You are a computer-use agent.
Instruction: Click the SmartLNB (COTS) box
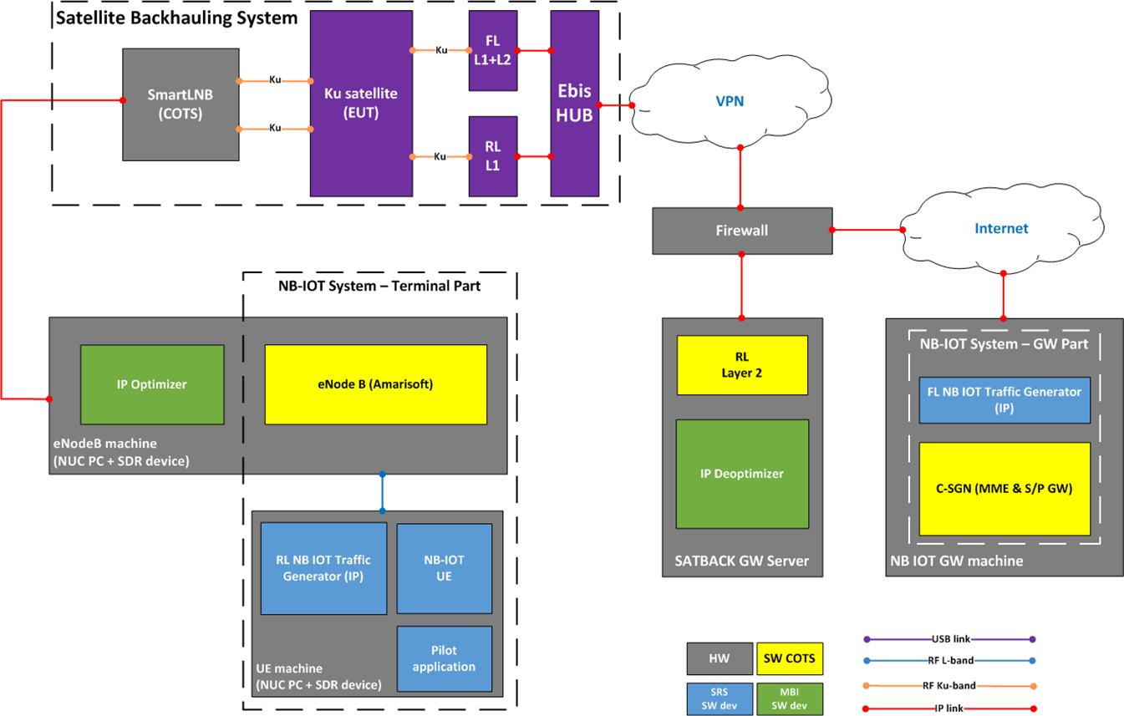click(180, 104)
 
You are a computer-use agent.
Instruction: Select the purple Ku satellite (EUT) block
click(361, 103)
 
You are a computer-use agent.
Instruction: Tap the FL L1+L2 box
click(493, 50)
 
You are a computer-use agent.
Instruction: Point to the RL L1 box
click(493, 155)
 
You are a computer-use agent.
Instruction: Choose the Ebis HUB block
click(575, 104)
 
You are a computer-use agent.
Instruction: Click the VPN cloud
click(730, 102)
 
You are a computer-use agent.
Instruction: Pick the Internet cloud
click(1001, 228)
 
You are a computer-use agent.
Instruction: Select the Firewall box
click(742, 230)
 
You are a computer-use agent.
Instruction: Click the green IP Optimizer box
click(152, 384)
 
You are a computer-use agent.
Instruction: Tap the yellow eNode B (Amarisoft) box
click(375, 384)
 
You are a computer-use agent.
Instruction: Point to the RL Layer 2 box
click(742, 365)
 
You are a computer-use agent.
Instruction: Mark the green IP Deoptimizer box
click(742, 474)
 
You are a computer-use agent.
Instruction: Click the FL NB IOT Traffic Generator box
click(1004, 399)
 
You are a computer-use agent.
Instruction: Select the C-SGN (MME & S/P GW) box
click(1004, 489)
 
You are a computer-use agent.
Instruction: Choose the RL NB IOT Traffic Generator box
click(323, 567)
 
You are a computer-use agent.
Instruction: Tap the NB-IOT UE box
click(444, 567)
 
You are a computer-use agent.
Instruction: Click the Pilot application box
click(444, 658)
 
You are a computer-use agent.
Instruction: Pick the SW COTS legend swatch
click(790, 658)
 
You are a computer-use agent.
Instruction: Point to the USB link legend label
click(949, 639)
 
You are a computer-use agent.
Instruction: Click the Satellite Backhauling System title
click(176, 17)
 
